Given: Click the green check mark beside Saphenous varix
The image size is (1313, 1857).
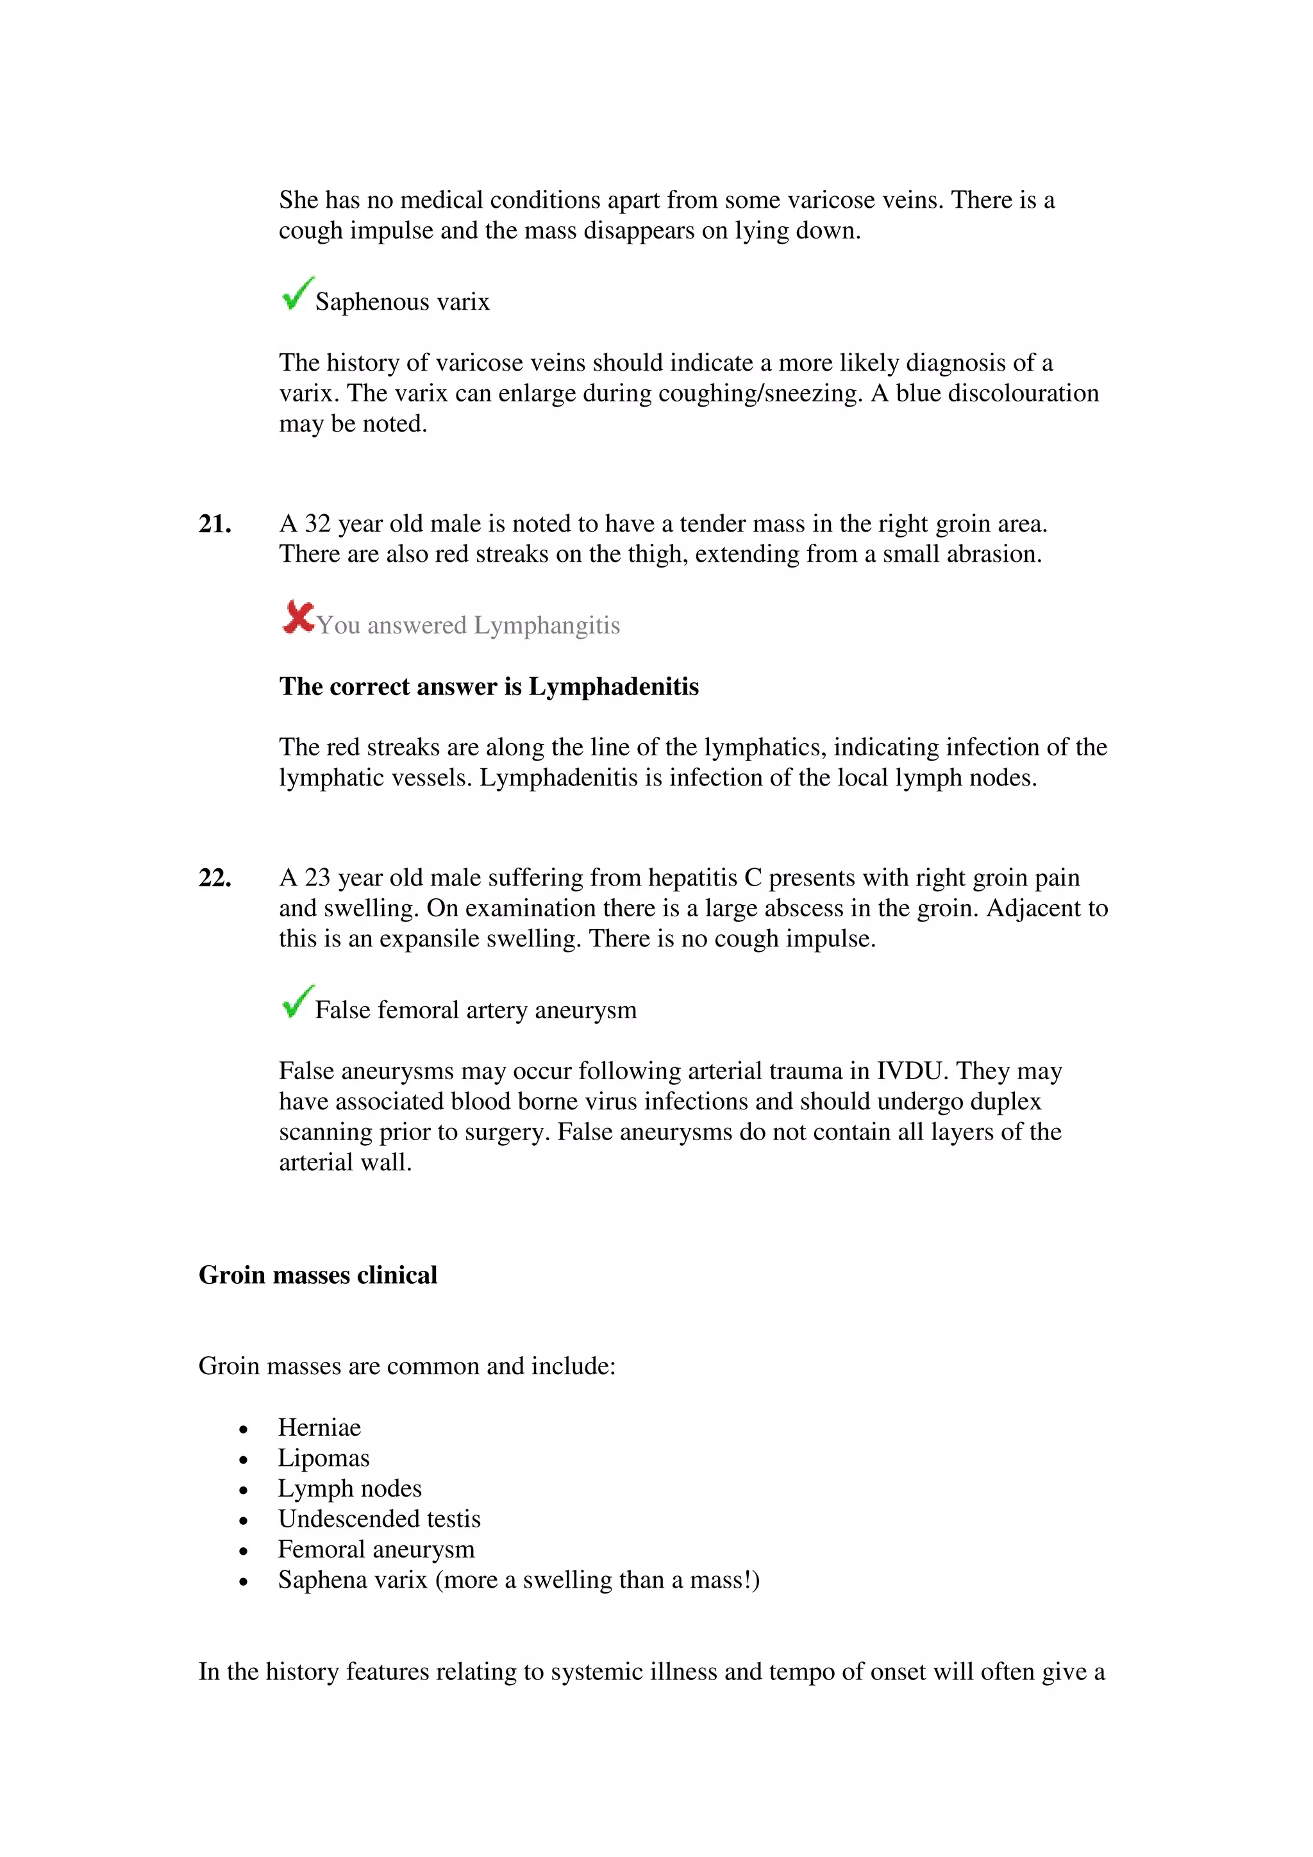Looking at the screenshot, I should tap(297, 294).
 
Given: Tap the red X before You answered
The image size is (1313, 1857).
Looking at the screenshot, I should tap(298, 618).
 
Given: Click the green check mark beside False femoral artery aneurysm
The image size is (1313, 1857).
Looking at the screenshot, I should tap(297, 1002).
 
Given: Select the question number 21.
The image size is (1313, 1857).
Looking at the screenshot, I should tap(215, 524).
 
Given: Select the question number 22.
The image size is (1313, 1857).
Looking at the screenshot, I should tap(215, 878).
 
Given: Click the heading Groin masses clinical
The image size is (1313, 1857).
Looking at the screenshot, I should tap(318, 1275).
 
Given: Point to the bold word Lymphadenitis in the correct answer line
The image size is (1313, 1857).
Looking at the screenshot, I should tap(614, 687).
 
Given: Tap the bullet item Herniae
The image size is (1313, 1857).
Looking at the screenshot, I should tap(319, 1427).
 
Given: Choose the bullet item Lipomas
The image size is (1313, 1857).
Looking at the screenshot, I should tap(323, 1458).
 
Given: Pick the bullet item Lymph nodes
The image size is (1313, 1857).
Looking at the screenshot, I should tap(349, 1488).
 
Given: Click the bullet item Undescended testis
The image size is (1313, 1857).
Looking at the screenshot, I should tap(379, 1519).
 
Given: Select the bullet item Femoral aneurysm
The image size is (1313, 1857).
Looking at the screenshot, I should tap(376, 1550).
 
